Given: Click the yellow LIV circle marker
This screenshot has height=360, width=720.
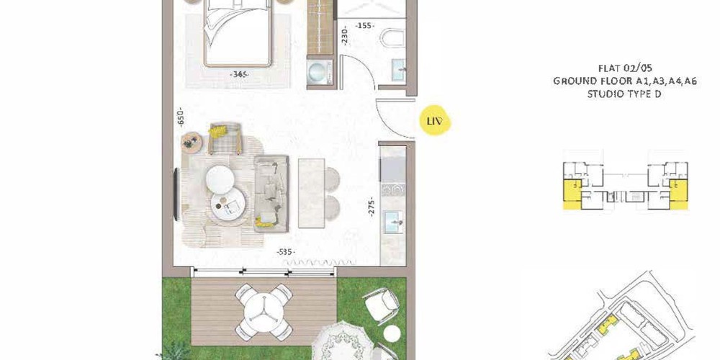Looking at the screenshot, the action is [x=436, y=121].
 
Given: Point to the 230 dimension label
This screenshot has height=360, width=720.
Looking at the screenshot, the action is [x=344, y=35].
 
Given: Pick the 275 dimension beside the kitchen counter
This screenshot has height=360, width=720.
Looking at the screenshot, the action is [x=372, y=206].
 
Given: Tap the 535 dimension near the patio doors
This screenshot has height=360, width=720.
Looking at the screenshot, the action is [x=286, y=251].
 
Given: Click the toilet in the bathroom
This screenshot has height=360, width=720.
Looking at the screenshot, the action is [x=392, y=37].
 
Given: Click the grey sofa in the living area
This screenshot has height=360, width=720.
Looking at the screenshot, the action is [x=271, y=193].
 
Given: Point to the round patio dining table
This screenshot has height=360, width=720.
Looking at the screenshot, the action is [x=264, y=312].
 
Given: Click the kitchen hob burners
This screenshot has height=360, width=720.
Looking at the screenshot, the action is [x=392, y=189].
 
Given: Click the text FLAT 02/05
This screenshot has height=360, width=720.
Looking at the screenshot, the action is [x=625, y=68].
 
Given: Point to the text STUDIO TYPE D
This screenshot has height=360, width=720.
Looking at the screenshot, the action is [x=625, y=94].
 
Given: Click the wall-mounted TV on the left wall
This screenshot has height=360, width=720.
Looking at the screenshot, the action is [x=176, y=194].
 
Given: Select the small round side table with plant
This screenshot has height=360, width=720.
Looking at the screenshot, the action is [x=192, y=143].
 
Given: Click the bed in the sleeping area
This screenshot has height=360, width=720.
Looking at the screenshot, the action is [x=237, y=32].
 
